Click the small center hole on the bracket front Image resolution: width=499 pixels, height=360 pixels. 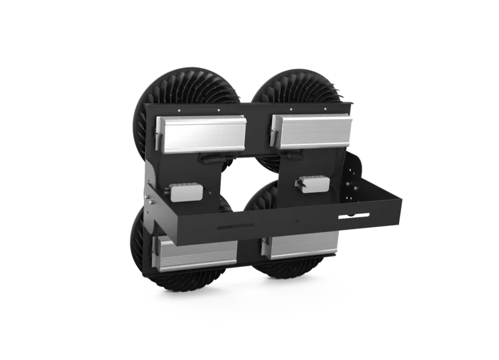coord(299,221)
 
